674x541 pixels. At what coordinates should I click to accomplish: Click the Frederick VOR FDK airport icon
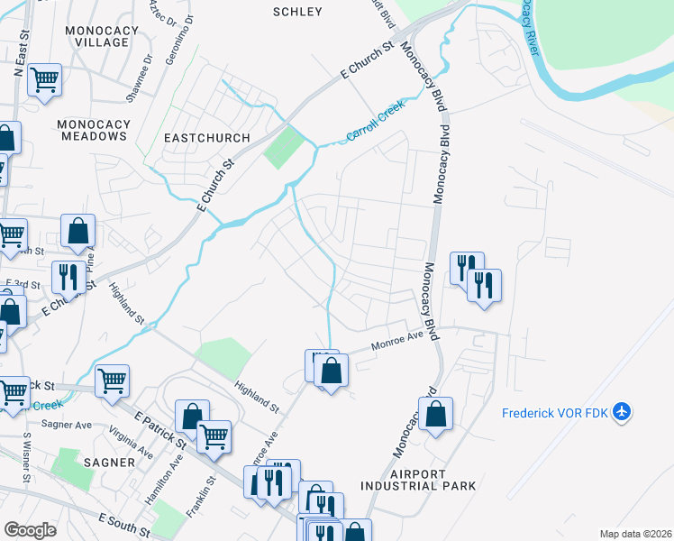[x=621, y=412]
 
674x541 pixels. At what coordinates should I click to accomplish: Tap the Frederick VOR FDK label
[x=555, y=413]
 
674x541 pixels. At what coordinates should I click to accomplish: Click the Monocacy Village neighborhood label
[x=102, y=36]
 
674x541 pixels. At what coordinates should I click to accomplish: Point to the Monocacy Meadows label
[x=92, y=130]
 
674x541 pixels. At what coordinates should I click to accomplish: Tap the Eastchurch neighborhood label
[x=199, y=137]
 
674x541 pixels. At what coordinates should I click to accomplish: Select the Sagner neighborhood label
[x=105, y=463]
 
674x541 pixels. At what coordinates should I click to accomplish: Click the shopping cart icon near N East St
[x=44, y=80]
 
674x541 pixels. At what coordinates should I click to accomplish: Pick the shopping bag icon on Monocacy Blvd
[x=435, y=415]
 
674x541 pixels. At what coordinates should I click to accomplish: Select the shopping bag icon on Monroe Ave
[x=332, y=370]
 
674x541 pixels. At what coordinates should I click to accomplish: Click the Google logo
[x=31, y=529]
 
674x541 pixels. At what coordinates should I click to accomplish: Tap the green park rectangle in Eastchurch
[x=285, y=147]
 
